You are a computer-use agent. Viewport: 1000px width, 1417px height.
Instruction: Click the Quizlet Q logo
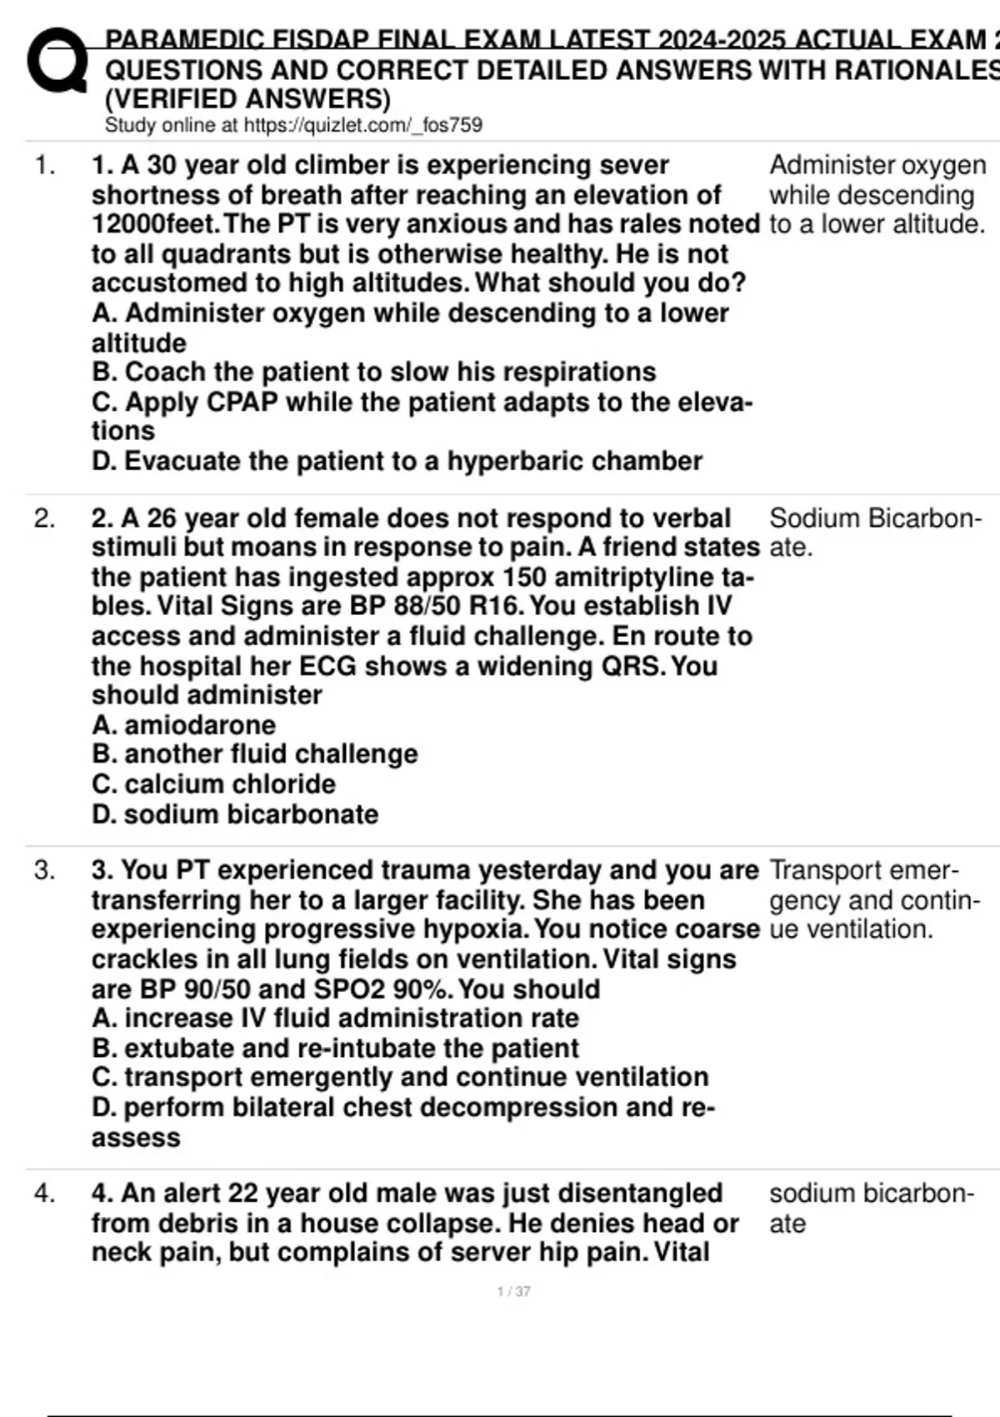tap(57, 61)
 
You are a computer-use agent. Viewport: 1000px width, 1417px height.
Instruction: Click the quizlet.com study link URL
tap(362, 125)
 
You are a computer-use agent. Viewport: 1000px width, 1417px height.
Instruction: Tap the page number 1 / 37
tap(513, 1291)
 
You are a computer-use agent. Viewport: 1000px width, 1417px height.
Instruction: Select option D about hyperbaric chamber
tap(397, 461)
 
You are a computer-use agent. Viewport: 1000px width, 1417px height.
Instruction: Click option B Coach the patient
tap(373, 372)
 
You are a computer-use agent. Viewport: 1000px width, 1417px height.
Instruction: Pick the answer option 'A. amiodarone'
tap(183, 724)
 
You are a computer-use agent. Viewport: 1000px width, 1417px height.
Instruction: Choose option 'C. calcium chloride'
tap(213, 784)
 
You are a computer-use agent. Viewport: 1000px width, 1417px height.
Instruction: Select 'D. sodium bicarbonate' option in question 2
tap(235, 814)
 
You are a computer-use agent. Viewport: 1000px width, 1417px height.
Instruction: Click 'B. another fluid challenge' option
tap(254, 754)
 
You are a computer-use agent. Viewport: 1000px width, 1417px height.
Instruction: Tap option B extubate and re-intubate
tap(335, 1048)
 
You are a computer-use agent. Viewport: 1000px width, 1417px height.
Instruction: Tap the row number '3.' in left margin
tap(44, 870)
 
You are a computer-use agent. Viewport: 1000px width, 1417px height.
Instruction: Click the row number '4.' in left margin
tap(44, 1194)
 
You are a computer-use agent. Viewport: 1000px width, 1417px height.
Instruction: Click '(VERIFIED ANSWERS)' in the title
tap(247, 98)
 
